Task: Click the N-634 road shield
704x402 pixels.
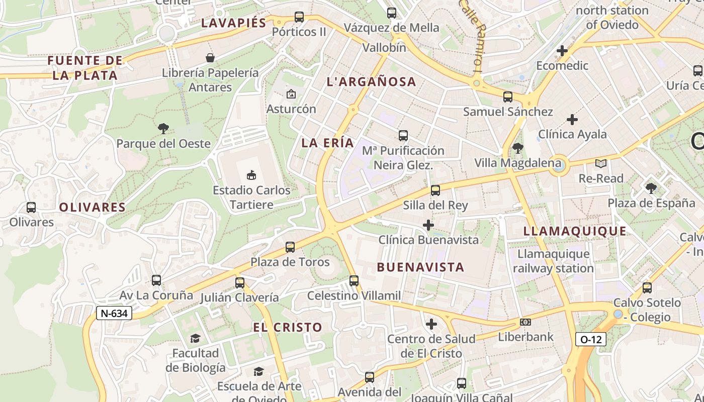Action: pyautogui.click(x=114, y=314)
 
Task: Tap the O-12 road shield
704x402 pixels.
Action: pyautogui.click(x=591, y=339)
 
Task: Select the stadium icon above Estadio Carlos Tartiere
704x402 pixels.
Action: pyautogui.click(x=251, y=175)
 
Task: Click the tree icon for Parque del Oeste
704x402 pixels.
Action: pyautogui.click(x=163, y=129)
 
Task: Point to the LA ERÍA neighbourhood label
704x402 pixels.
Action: pyautogui.click(x=328, y=143)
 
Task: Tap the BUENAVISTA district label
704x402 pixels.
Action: pyautogui.click(x=420, y=267)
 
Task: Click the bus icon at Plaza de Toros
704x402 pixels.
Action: pyautogui.click(x=290, y=247)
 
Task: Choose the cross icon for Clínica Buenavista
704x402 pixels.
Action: pyautogui.click(x=428, y=225)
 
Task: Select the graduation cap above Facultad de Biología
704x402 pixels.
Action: pyautogui.click(x=195, y=339)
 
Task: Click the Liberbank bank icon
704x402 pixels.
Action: pyautogui.click(x=525, y=322)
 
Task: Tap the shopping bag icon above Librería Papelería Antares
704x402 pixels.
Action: pyautogui.click(x=210, y=58)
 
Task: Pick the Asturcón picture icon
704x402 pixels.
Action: pyautogui.click(x=291, y=94)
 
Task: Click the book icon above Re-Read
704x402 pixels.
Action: pyautogui.click(x=601, y=163)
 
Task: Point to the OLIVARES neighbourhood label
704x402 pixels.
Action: pyautogui.click(x=92, y=207)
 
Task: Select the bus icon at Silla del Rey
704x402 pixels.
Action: pyautogui.click(x=435, y=190)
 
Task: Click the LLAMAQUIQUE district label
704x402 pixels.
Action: pyautogui.click(x=575, y=231)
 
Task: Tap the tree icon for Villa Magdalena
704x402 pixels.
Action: pyautogui.click(x=517, y=148)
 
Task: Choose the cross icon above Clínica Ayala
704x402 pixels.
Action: pyautogui.click(x=572, y=120)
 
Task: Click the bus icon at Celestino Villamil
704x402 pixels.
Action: pyautogui.click(x=354, y=280)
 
